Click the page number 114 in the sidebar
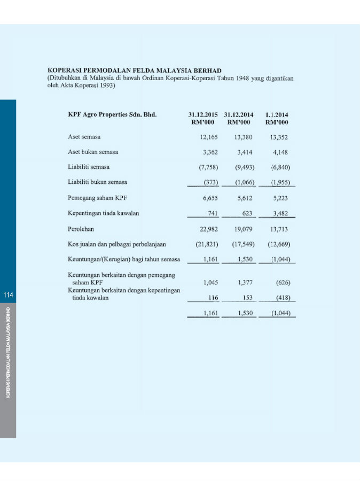point(8,296)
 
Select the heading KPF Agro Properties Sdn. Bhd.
point(112,114)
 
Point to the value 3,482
point(280,213)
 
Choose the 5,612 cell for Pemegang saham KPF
point(244,198)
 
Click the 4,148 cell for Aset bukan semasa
point(280,152)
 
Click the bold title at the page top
point(135,70)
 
